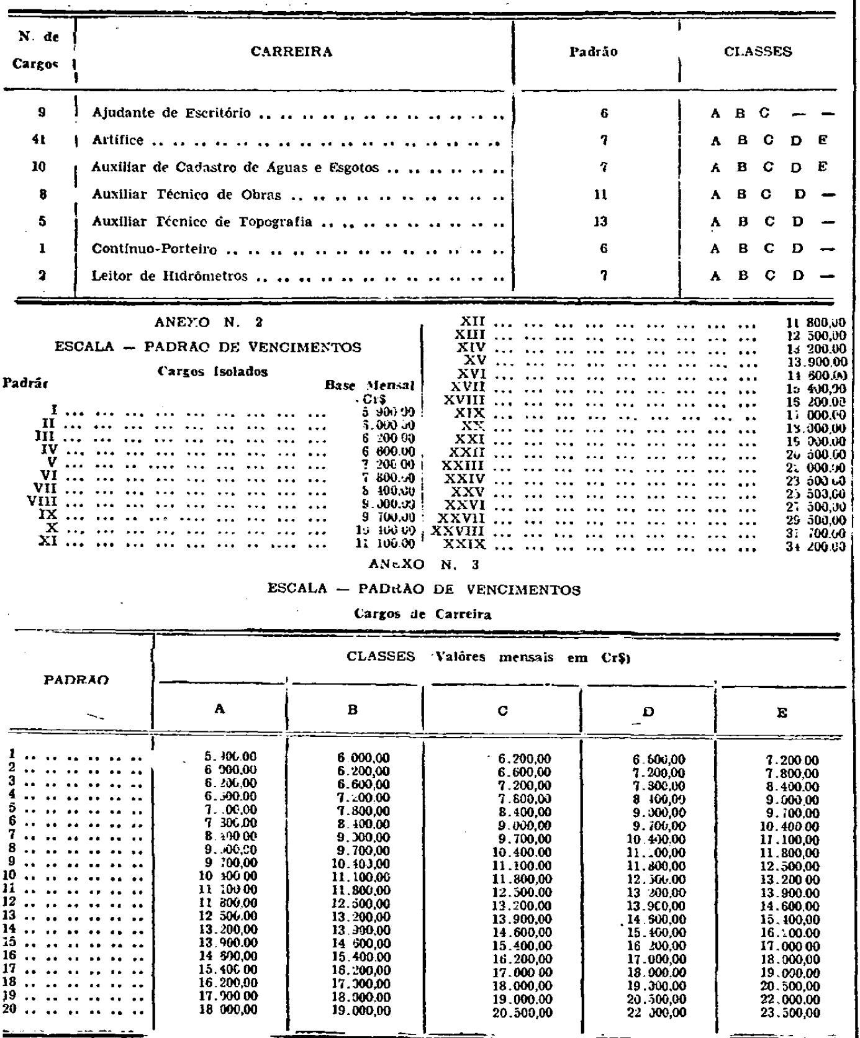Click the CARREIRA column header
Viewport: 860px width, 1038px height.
[x=291, y=52]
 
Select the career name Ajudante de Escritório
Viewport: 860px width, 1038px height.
[x=171, y=113]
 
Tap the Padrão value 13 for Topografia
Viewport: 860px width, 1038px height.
[x=599, y=222]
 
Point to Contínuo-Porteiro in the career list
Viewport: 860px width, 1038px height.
[x=155, y=250]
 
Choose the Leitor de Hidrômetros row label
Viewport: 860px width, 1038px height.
[x=170, y=276]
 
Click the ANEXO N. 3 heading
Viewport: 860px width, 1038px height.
[x=422, y=564]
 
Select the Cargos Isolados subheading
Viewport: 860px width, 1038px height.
[x=212, y=372]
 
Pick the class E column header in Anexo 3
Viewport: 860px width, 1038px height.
[x=782, y=713]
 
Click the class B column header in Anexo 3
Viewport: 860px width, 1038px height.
[x=353, y=710]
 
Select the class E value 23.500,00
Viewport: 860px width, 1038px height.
[x=792, y=1013]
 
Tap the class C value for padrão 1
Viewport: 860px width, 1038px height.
[x=525, y=759]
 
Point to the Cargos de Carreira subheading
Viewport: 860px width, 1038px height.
[x=422, y=615]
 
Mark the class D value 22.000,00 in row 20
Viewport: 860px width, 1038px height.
[x=659, y=1013]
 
